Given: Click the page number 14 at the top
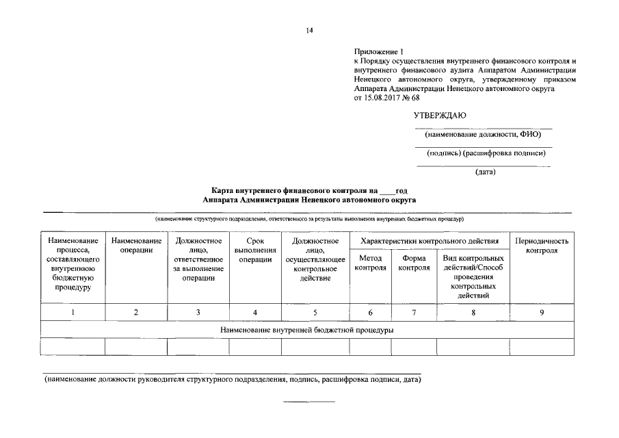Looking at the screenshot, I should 309,30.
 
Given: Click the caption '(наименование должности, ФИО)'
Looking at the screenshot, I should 484,134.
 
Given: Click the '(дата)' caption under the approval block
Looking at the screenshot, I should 485,172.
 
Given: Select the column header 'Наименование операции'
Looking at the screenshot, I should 136,245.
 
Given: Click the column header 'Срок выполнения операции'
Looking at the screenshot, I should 255,250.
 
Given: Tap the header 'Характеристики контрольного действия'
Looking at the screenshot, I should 429,241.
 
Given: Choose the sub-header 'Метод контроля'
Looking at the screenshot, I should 370,263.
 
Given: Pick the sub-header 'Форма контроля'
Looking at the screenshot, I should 414,263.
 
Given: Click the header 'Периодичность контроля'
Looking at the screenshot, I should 542,246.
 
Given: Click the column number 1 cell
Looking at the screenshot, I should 73,312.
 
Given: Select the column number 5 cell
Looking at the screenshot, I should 315,312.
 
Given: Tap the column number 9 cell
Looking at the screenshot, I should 542,312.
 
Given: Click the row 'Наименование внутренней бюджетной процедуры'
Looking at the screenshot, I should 306,330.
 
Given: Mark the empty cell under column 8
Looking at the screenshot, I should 473,347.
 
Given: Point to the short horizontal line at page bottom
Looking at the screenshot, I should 309,401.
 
